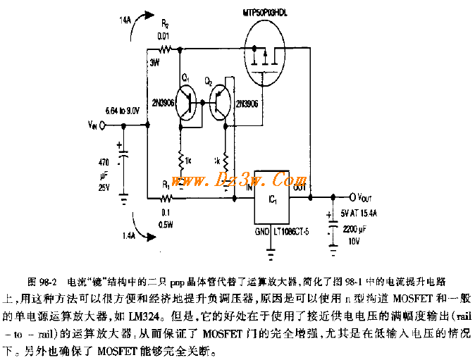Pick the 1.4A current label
point(130,235)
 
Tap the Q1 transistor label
point(185,75)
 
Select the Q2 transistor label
point(209,82)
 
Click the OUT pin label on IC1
point(300,188)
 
